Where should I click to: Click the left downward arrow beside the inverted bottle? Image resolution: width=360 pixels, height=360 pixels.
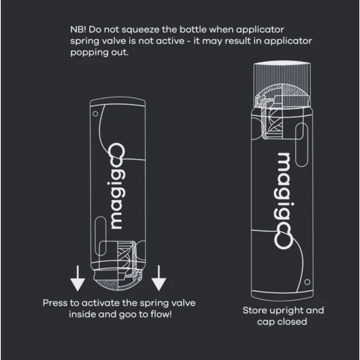coord(77,279)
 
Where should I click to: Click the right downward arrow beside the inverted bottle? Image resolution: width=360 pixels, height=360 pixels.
coord(159,279)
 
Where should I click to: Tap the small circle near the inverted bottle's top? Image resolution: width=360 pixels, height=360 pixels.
coord(95,114)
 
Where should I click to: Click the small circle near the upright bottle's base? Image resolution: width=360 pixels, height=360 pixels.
coord(307,282)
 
